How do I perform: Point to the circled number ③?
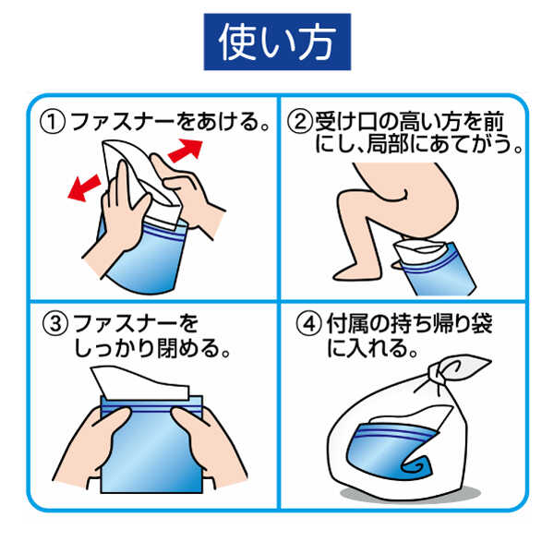pyautogui.click(x=55, y=324)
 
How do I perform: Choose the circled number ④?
pyautogui.click(x=307, y=324)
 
